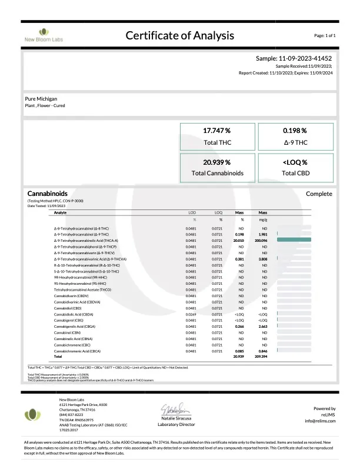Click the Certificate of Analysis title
pyautogui.click(x=180, y=35)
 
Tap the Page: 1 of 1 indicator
pyautogui.click(x=325, y=36)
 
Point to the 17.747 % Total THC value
pyautogui.click(x=216, y=131)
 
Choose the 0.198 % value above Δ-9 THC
pyautogui.click(x=295, y=131)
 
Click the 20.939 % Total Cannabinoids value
pyautogui.click(x=216, y=162)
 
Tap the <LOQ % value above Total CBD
pyautogui.click(x=295, y=162)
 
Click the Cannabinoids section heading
pyautogui.click(x=48, y=194)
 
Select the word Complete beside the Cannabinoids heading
pyautogui.click(x=319, y=194)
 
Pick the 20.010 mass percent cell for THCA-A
pyautogui.click(x=239, y=240)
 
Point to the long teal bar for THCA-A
pyautogui.click(x=293, y=240)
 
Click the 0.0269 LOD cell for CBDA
pyautogui.click(x=191, y=314)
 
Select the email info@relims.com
pyautogui.click(x=319, y=421)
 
